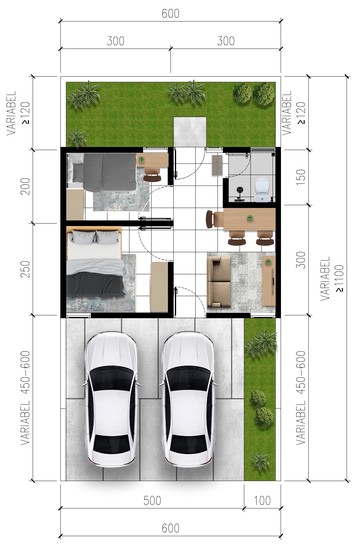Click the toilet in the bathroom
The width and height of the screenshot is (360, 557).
tap(262, 189)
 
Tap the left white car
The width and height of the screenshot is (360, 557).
tap(111, 400)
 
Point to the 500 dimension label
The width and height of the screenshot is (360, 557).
tap(152, 501)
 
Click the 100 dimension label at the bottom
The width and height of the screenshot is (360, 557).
tap(262, 501)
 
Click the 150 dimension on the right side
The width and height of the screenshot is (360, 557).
tap(301, 176)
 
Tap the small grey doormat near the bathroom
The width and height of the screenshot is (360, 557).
tap(217, 165)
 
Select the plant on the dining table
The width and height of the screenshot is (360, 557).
tap(250, 218)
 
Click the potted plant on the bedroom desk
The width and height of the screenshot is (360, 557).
tap(142, 160)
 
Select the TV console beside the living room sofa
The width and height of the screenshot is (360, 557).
tap(269, 280)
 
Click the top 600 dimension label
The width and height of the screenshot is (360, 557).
tap(171, 14)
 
